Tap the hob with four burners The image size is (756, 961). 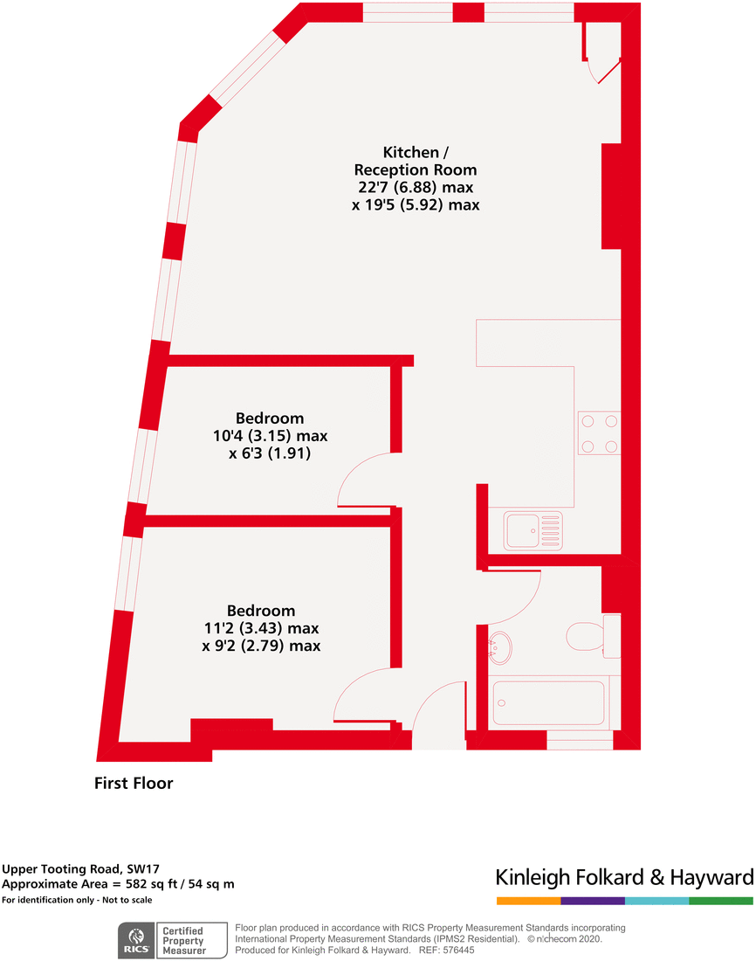599,433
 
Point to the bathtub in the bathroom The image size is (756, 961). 549,702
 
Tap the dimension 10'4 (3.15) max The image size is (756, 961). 270,436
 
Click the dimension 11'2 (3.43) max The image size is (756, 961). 261,628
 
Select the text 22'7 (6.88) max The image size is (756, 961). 416,188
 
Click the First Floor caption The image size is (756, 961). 134,784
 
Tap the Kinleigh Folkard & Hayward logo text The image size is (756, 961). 623,877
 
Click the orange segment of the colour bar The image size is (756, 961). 528,900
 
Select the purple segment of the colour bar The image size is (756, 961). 593,900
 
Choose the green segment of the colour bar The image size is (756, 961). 720,900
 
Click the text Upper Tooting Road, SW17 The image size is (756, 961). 69,869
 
